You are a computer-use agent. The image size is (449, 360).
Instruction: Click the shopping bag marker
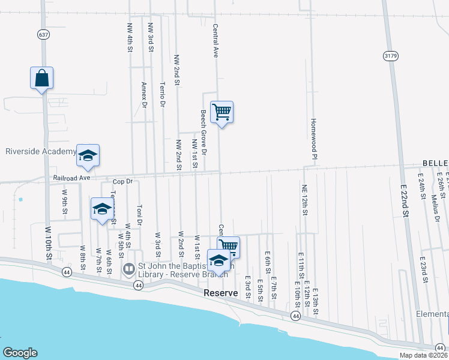coord(41,79)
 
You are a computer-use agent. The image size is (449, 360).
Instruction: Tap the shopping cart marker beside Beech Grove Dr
coord(222,112)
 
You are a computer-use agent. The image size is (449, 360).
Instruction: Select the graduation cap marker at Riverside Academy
coord(88,156)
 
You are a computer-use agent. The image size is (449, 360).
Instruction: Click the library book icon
coord(128,269)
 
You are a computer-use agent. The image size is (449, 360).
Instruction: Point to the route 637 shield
coord(43,35)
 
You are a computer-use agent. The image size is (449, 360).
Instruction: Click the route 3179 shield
coord(390,55)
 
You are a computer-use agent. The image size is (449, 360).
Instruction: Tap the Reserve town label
coord(221,293)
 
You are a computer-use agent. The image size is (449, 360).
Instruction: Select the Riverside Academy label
coord(40,151)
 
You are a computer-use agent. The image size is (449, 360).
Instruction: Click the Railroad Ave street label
coord(71,178)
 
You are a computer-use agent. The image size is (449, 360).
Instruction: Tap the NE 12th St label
coord(305,199)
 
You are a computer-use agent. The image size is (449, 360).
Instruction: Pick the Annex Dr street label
coord(144,95)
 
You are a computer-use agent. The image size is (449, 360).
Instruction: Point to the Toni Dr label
coord(139,215)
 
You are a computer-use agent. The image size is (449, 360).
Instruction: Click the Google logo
coord(20,352)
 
